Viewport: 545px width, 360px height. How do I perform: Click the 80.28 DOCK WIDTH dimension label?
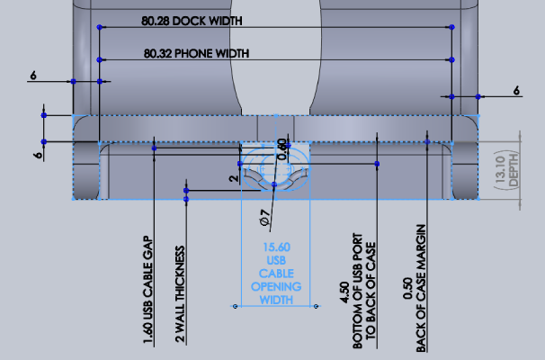point(192,22)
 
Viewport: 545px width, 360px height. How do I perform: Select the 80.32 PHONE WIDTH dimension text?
point(196,54)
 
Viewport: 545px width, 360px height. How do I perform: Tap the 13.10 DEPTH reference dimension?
point(506,170)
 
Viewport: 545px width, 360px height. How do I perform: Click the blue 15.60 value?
point(276,247)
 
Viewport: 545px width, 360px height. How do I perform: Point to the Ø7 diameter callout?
point(264,218)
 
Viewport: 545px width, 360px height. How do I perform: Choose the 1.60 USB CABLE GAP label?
point(148,290)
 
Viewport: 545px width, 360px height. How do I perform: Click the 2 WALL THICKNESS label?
point(180,294)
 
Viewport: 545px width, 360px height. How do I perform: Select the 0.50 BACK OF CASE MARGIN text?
point(415,288)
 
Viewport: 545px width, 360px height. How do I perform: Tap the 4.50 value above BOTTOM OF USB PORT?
point(344,292)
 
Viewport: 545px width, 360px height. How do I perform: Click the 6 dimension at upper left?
point(33,75)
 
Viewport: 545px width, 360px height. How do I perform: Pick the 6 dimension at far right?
point(516,91)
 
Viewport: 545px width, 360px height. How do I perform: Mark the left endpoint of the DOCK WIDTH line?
point(100,27)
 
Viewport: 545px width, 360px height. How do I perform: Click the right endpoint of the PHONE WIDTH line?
point(451,59)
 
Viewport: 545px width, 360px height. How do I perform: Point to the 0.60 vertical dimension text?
point(282,150)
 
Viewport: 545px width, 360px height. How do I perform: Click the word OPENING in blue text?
point(276,287)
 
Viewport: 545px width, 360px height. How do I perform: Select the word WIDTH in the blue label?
point(276,300)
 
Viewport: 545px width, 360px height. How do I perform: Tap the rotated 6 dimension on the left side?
point(39,155)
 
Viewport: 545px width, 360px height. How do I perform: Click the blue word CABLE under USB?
point(276,274)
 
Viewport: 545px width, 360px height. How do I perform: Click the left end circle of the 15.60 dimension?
point(236,306)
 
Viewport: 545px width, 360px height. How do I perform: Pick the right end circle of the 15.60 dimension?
point(316,306)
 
